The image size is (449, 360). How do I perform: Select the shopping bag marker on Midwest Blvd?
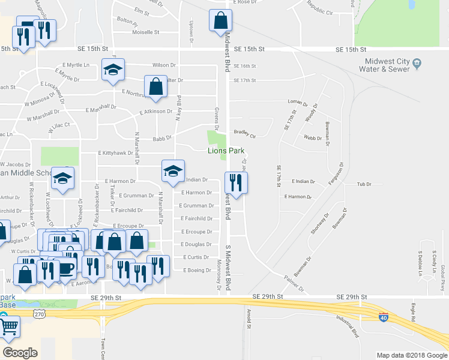pos(220,21)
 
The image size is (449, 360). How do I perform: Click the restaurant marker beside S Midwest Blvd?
pos(236,182)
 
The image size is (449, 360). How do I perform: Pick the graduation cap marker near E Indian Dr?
pos(173,170)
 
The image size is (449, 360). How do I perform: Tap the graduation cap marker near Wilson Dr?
pos(113,69)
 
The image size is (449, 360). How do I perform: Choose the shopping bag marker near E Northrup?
pos(155,85)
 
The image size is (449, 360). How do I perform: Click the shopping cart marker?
pos(8,327)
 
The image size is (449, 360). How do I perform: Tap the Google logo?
pos(20,352)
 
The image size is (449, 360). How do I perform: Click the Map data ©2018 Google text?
pos(411,355)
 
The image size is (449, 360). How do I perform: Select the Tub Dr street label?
pos(365,184)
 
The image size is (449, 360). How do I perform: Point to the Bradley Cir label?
pos(244,133)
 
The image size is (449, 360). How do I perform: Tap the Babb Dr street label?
pos(162,139)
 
